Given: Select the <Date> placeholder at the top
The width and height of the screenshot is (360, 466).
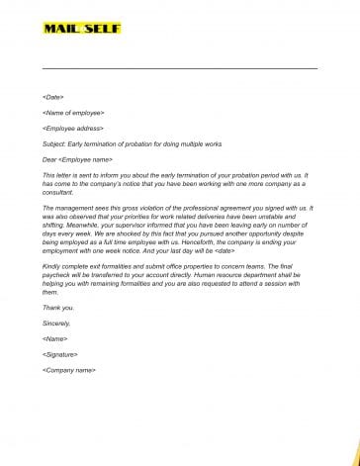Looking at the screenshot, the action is [53, 97].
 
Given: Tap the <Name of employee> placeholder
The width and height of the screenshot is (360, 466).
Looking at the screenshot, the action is [73, 112].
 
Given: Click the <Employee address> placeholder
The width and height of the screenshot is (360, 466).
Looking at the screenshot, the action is [73, 128].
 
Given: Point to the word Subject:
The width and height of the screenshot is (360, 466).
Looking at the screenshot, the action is [56, 143].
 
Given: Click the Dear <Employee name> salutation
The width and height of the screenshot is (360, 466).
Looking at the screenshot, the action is [77, 158].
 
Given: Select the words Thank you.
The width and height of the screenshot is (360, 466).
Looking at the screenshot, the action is [57, 308].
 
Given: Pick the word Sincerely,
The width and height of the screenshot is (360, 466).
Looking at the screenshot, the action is [57, 323].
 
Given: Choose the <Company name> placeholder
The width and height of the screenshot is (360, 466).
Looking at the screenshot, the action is [69, 369].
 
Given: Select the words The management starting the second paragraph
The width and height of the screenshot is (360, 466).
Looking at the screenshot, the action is [69, 208].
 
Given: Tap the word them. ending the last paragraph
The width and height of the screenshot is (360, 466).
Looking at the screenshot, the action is [50, 292].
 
